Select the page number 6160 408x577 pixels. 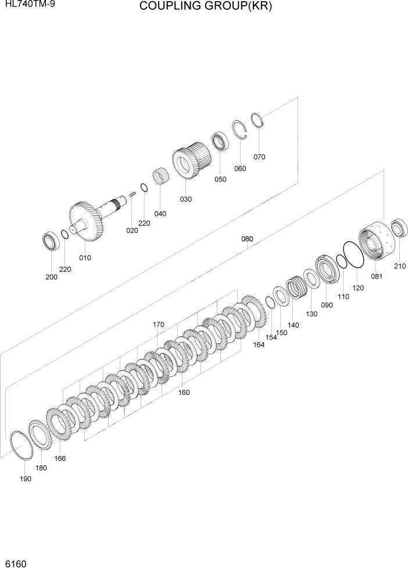coord(16,564)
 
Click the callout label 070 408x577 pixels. coord(259,156)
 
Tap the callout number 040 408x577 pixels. coord(160,213)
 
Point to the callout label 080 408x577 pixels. coord(247,239)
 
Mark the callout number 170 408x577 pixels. coord(158,325)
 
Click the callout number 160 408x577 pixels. coord(184,392)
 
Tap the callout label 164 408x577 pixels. coord(258,344)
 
